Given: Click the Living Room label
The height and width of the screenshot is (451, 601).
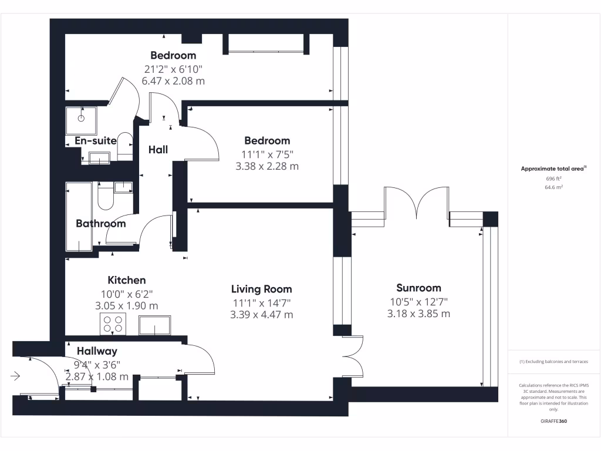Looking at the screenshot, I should [x=261, y=289].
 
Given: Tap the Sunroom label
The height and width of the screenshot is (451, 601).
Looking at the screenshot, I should [x=418, y=288].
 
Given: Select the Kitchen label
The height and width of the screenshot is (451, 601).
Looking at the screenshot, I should [x=126, y=280].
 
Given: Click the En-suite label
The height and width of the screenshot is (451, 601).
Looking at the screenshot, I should [x=96, y=141].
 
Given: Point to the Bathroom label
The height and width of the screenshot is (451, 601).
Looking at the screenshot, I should [x=100, y=224].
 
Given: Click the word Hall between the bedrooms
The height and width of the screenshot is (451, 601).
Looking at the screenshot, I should [x=158, y=150].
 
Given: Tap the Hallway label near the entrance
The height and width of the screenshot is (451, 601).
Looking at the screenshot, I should [x=97, y=351].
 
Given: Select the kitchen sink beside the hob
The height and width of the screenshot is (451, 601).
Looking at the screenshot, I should [x=155, y=325].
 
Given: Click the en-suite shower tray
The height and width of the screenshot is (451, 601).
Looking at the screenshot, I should [x=81, y=118].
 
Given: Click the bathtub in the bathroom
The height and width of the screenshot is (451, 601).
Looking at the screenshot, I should [x=79, y=217].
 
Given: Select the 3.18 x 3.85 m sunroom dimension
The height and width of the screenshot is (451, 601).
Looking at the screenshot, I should [x=418, y=314].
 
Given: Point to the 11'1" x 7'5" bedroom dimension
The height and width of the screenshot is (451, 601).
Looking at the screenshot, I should [x=267, y=154].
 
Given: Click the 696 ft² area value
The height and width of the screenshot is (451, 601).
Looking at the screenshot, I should [x=554, y=179].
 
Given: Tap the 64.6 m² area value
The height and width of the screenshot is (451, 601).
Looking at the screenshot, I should [x=554, y=187].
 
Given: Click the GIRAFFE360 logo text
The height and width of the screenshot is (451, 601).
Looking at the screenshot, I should [x=554, y=421].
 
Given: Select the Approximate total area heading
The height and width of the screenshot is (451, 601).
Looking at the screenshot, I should [x=553, y=169].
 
